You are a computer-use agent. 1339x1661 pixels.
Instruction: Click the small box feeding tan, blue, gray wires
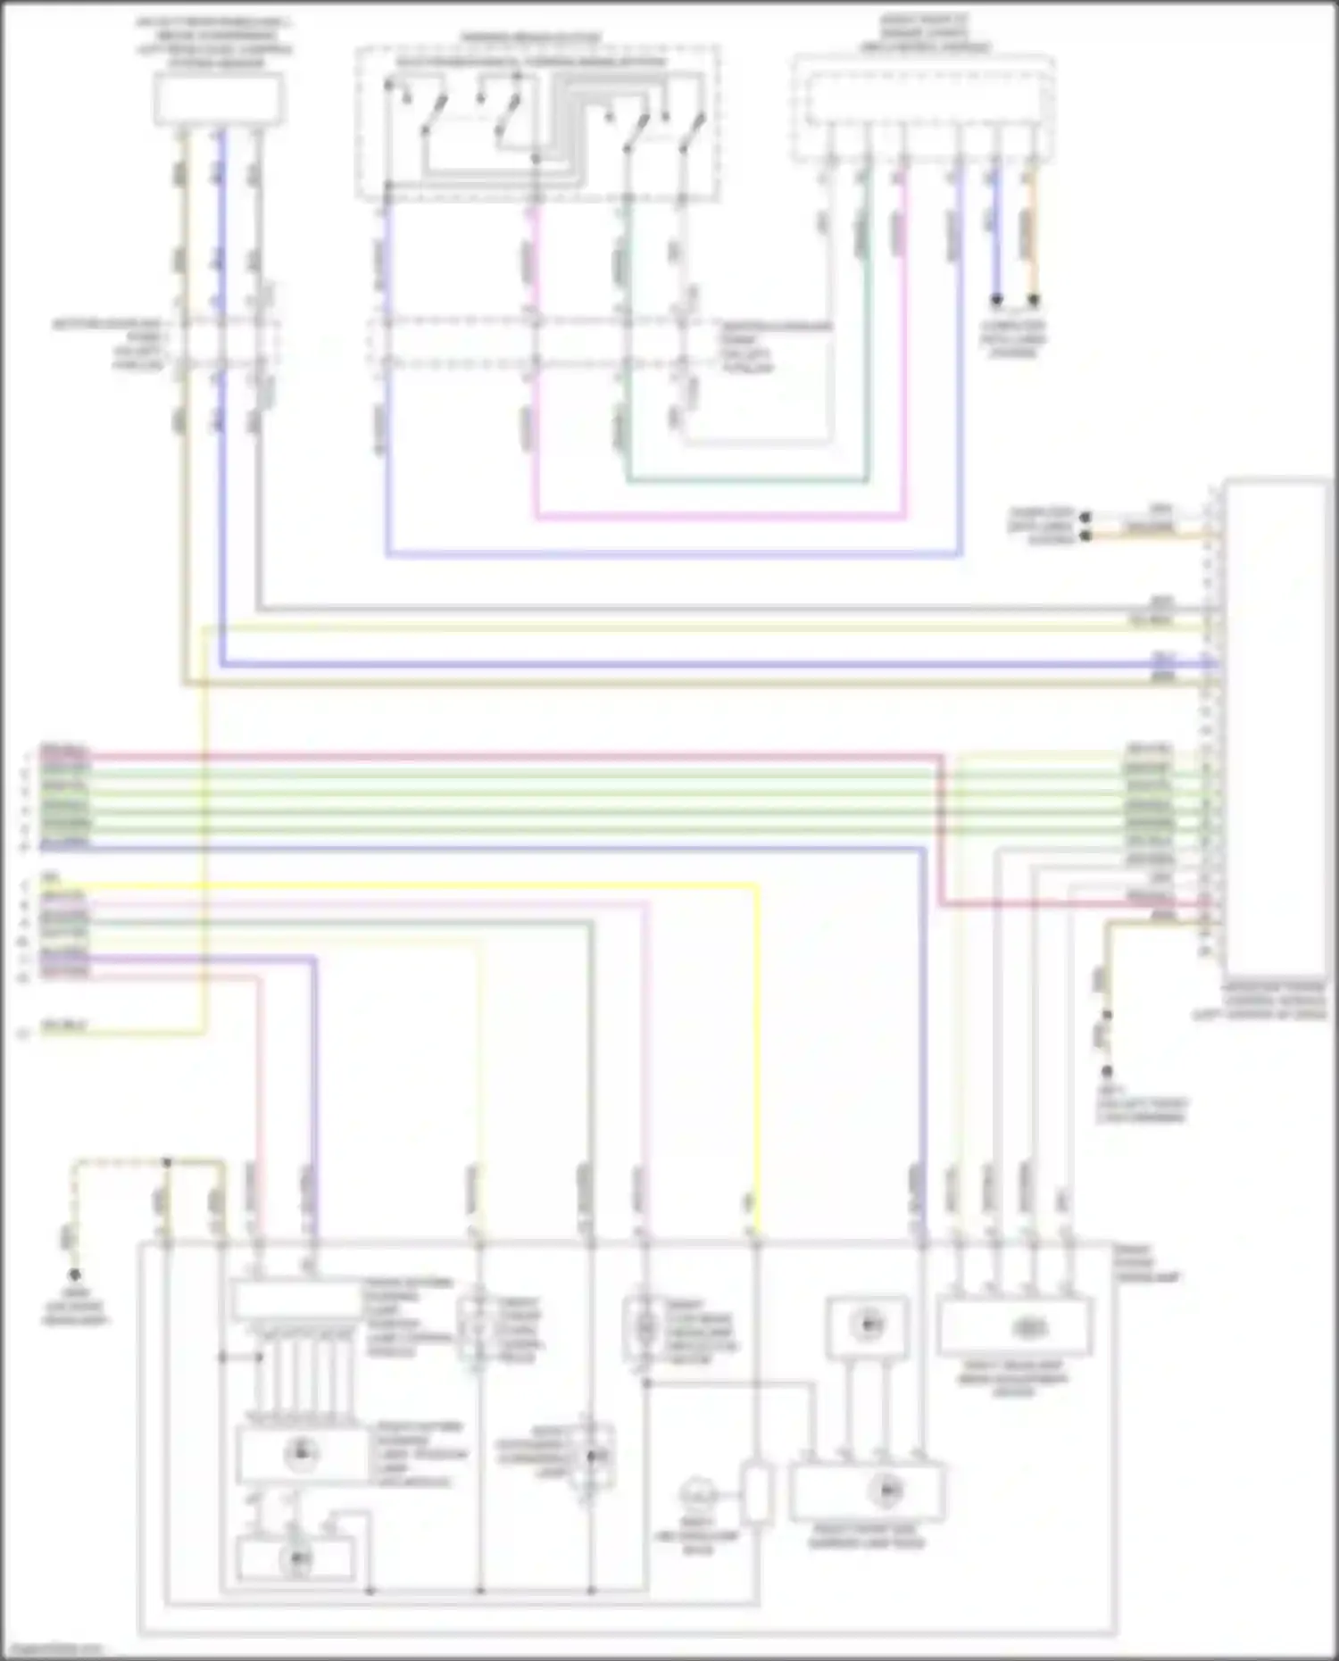(219, 99)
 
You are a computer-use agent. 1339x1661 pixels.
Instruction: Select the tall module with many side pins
(1277, 727)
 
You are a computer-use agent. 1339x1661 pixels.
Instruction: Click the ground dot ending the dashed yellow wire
(75, 1275)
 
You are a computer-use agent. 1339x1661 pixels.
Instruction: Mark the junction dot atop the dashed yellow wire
(167, 1162)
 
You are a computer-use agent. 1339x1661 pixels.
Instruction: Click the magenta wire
(714, 516)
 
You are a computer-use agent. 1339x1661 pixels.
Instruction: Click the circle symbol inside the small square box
(867, 1325)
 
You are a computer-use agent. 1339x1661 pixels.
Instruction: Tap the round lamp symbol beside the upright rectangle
(698, 1493)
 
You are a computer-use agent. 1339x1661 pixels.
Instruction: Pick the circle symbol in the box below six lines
(299, 1455)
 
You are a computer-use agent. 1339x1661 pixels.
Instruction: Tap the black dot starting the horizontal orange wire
(1085, 536)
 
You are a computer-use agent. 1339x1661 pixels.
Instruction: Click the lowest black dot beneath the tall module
(1107, 1071)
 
